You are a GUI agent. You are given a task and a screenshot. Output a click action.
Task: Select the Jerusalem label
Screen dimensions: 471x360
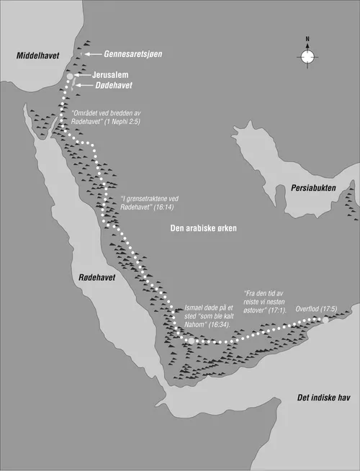[x=114, y=73]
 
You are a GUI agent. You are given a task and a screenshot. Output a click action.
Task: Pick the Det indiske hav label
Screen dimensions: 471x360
[x=323, y=398]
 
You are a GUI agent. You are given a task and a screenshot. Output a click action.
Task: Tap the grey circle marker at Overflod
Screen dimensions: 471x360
[x=325, y=319]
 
